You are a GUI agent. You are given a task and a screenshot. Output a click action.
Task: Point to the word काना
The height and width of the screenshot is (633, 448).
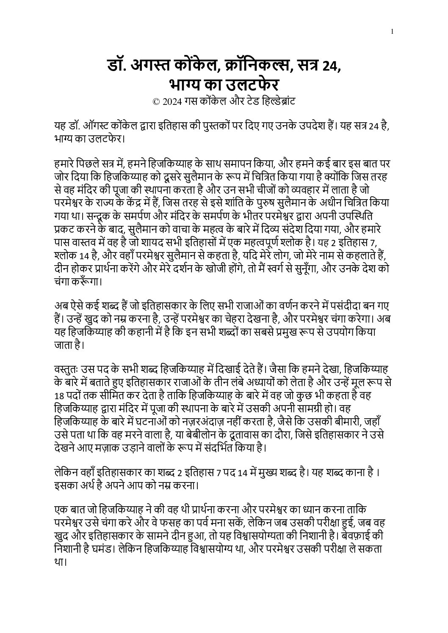[x=354, y=472]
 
